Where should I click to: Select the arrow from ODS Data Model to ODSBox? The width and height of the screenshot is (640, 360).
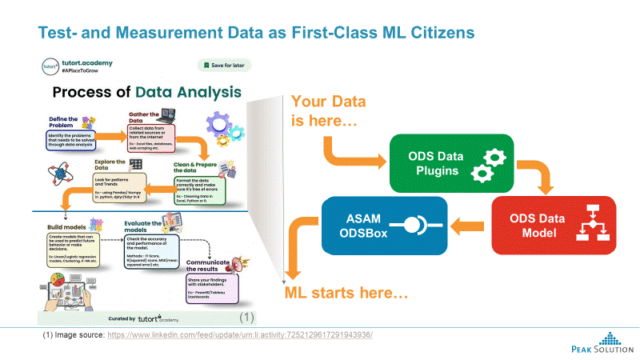click(x=471, y=226)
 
